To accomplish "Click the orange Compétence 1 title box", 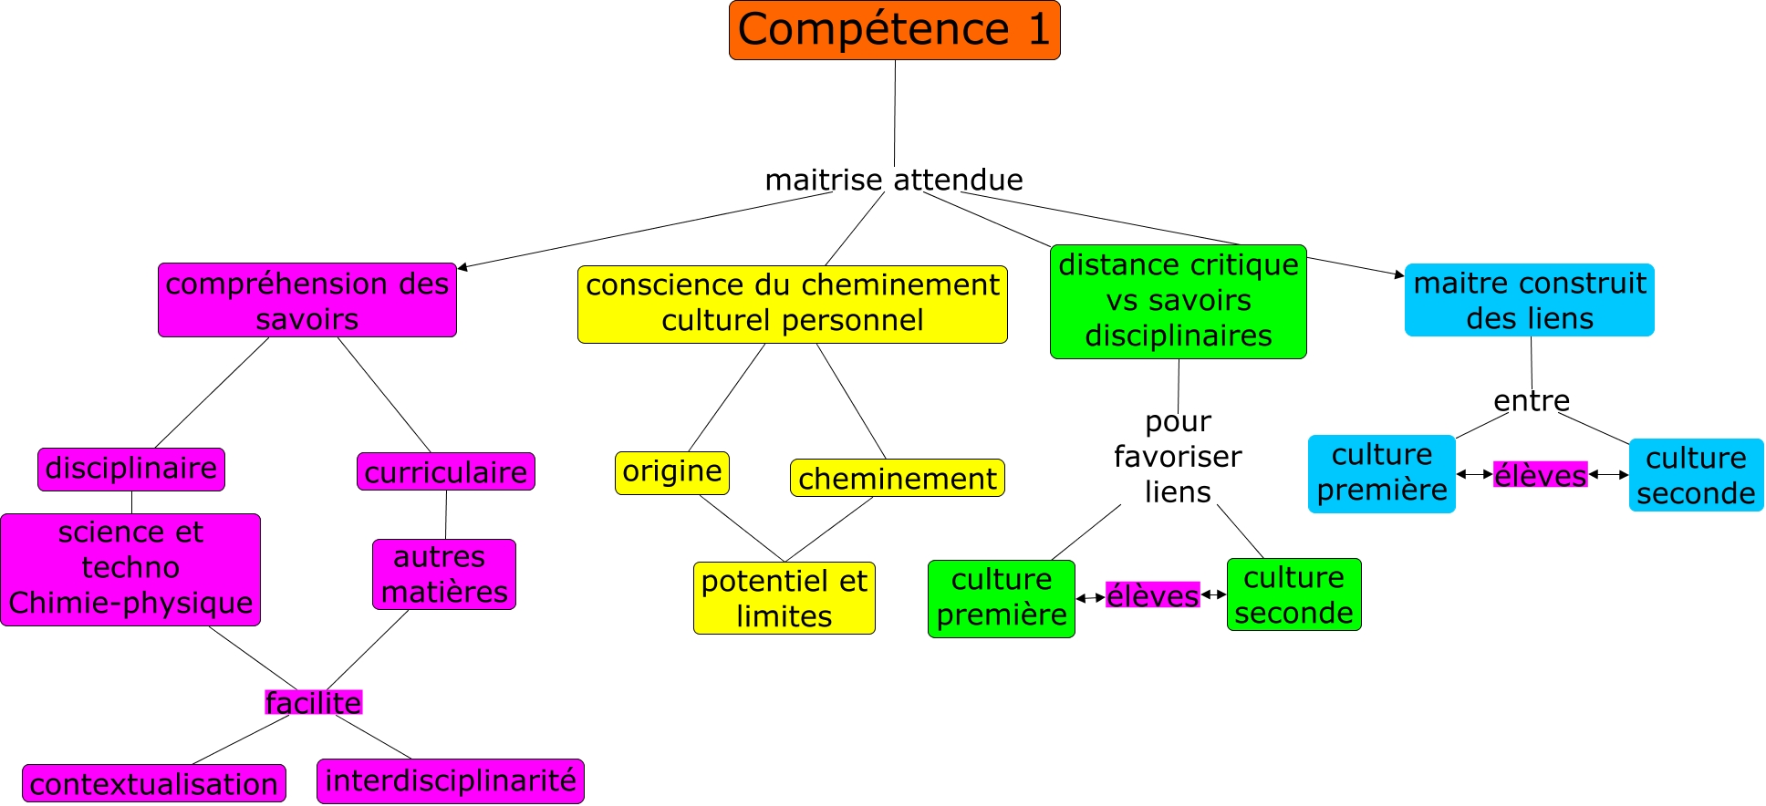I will point(894,30).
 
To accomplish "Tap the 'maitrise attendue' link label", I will point(893,180).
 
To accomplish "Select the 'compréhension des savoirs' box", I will point(306,301).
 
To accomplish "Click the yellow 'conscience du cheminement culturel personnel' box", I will point(792,304).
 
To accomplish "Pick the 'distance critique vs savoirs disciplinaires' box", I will point(1178,301).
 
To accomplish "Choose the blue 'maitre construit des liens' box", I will point(1529,300).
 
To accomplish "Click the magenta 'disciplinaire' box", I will point(131,469).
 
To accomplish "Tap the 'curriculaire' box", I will point(445,472).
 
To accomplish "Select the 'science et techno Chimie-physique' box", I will point(130,568).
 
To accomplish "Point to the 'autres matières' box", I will point(444,574).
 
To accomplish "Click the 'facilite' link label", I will point(313,702).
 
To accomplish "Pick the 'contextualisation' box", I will point(153,783).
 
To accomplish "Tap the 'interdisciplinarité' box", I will point(450,780).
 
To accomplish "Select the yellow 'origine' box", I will point(672,472).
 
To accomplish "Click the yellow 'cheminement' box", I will point(897,478).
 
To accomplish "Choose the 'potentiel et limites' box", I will point(784,598).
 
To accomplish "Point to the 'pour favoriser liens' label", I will point(1177,457).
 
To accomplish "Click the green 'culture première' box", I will point(1001,598).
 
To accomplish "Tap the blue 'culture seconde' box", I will point(1696,475).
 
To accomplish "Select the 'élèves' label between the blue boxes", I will point(1540,475).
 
